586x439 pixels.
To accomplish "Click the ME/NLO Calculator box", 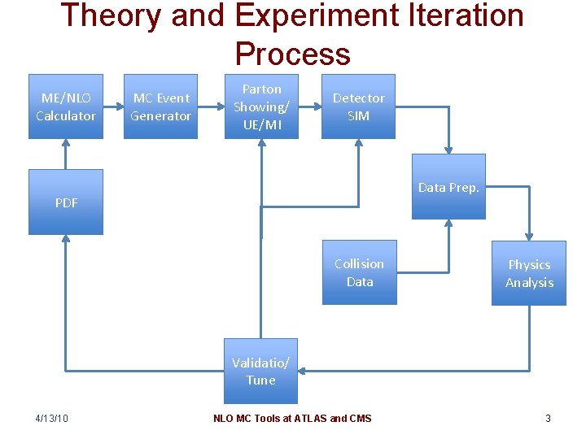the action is click(66, 106).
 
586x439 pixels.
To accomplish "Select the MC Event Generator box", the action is click(160, 106).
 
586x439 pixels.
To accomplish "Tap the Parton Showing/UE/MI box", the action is click(262, 106).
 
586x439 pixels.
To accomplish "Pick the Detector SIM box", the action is click(358, 106).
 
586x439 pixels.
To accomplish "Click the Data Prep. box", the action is click(448, 187).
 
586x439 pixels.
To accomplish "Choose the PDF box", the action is click(66, 202).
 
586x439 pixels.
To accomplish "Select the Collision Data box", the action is click(359, 272).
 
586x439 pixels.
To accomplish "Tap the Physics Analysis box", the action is click(529, 273).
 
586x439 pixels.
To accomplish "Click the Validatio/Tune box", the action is click(260, 372).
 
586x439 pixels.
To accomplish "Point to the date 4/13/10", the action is click(52, 419).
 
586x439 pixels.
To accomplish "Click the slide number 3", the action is click(548, 419).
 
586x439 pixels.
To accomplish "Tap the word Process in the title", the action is click(293, 54).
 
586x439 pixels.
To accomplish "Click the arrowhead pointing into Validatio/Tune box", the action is click(302, 372).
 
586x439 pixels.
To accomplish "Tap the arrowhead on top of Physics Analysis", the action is click(529, 236).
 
